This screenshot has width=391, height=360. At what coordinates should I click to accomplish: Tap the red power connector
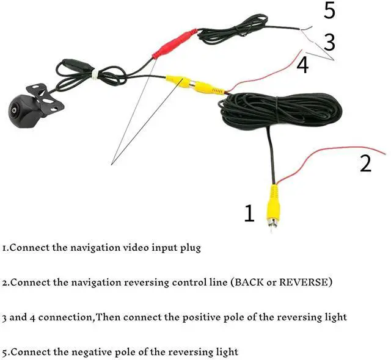pos(174,44)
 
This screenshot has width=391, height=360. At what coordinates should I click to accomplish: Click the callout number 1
pos(249,214)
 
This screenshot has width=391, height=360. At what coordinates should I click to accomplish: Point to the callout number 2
pos(365,164)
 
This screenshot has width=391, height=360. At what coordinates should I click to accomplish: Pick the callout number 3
pos(329,42)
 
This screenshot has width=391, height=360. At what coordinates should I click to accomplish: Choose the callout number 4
pos(302,65)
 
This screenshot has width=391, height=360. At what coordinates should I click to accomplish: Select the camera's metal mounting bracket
pos(49,98)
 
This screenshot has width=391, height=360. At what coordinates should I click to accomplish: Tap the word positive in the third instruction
pos(219,317)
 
